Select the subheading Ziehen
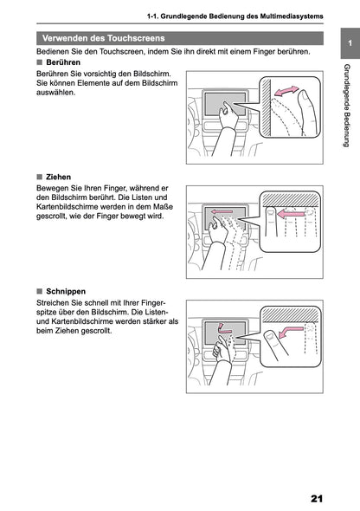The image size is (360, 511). (58, 177)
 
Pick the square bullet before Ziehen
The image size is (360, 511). (40, 177)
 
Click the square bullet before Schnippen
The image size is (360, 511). (40, 291)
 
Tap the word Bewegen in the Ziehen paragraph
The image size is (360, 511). (55, 188)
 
